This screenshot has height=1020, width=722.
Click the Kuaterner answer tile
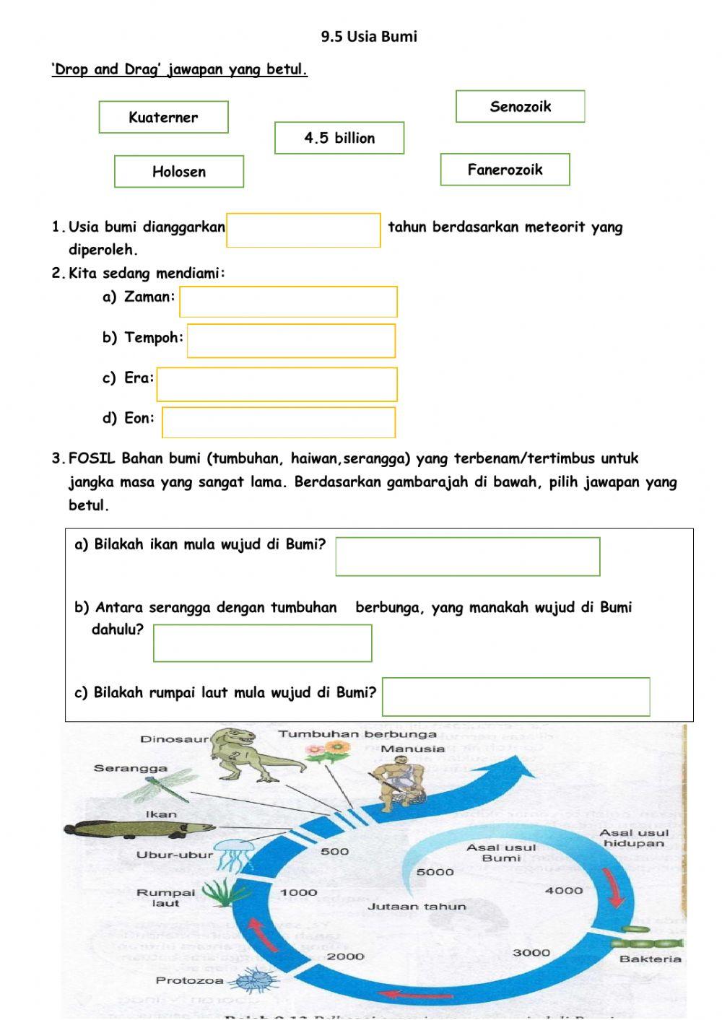pyautogui.click(x=163, y=117)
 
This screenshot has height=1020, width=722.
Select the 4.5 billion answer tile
pyautogui.click(x=339, y=138)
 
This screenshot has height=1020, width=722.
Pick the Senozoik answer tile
pyautogui.click(x=520, y=107)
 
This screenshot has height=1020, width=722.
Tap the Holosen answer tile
pyautogui.click(x=179, y=172)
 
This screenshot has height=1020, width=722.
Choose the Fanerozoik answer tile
pyautogui.click(x=505, y=170)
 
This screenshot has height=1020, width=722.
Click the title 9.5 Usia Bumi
pyautogui.click(x=369, y=36)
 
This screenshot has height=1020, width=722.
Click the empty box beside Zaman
pyautogui.click(x=288, y=302)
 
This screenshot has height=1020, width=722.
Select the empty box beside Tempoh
pyautogui.click(x=291, y=341)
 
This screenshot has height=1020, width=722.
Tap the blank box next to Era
pyautogui.click(x=277, y=384)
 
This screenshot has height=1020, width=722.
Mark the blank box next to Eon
pyautogui.click(x=279, y=422)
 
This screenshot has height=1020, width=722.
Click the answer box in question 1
pyautogui.click(x=303, y=230)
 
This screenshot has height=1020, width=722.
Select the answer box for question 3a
pyautogui.click(x=468, y=557)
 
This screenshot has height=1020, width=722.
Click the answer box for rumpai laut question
pyautogui.click(x=516, y=697)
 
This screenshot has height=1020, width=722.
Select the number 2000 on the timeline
pyautogui.click(x=345, y=956)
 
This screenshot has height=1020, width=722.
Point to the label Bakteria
pyautogui.click(x=650, y=959)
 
